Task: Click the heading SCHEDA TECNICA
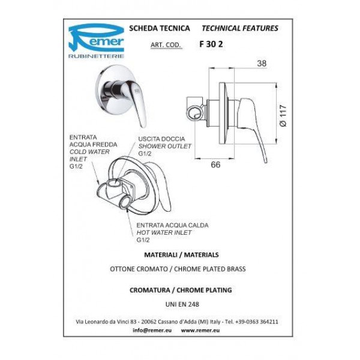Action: [x=160, y=28]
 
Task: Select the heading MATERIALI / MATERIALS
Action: [x=181, y=254]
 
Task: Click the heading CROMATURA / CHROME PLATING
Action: [x=181, y=290]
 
